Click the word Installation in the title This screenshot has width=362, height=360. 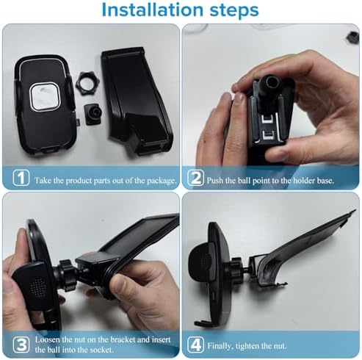pos(152,10)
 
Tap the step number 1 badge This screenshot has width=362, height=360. pos(21,178)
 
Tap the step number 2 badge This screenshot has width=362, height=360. pos(195,178)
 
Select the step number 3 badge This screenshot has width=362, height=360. pos(21,345)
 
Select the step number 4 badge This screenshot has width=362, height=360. pos(195,345)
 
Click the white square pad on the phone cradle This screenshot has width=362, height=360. pos(45,96)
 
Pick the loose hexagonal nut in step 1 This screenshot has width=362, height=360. pos(87,80)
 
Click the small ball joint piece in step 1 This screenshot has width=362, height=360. pos(93,114)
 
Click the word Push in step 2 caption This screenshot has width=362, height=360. pos(214,181)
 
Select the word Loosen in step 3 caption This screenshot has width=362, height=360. pos(48,339)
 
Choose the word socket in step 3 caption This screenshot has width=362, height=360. pos(102,350)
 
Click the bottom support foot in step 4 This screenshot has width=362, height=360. pos(203,323)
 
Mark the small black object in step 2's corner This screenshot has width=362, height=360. pos(352,37)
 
